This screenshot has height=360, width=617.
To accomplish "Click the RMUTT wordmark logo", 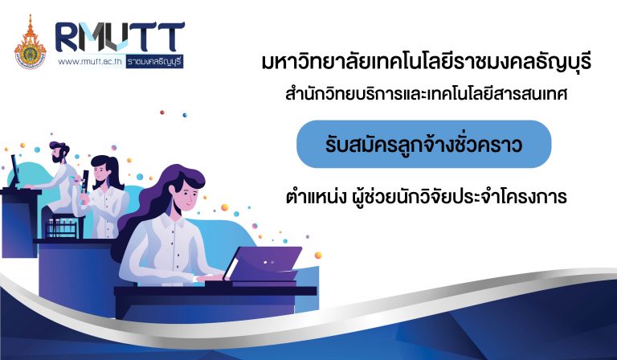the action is coord(120,37).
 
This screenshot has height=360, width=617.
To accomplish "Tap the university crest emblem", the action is coord(30,43).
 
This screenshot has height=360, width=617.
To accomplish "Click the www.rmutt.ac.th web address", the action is coord(90,62).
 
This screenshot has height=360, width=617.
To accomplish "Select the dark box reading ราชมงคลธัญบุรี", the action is coord(154,62).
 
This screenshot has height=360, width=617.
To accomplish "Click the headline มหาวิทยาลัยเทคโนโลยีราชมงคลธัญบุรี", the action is coord(427,63).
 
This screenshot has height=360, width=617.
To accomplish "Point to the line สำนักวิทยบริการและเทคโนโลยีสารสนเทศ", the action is coord(426,95).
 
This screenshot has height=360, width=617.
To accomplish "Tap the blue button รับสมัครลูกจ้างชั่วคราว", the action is coord(424,144).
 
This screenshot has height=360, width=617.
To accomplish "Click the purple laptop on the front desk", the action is coord(263,264).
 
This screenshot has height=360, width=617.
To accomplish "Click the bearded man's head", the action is coord(59,152).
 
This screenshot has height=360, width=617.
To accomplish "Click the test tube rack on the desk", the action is coord(62,227).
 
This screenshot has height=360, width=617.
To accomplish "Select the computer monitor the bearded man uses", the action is coord(14,170).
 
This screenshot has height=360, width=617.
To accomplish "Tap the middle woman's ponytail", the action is coord(115,172).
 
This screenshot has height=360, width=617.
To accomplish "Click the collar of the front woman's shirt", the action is coord(173,223).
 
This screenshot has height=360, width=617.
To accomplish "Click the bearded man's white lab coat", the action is coord(63,186).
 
